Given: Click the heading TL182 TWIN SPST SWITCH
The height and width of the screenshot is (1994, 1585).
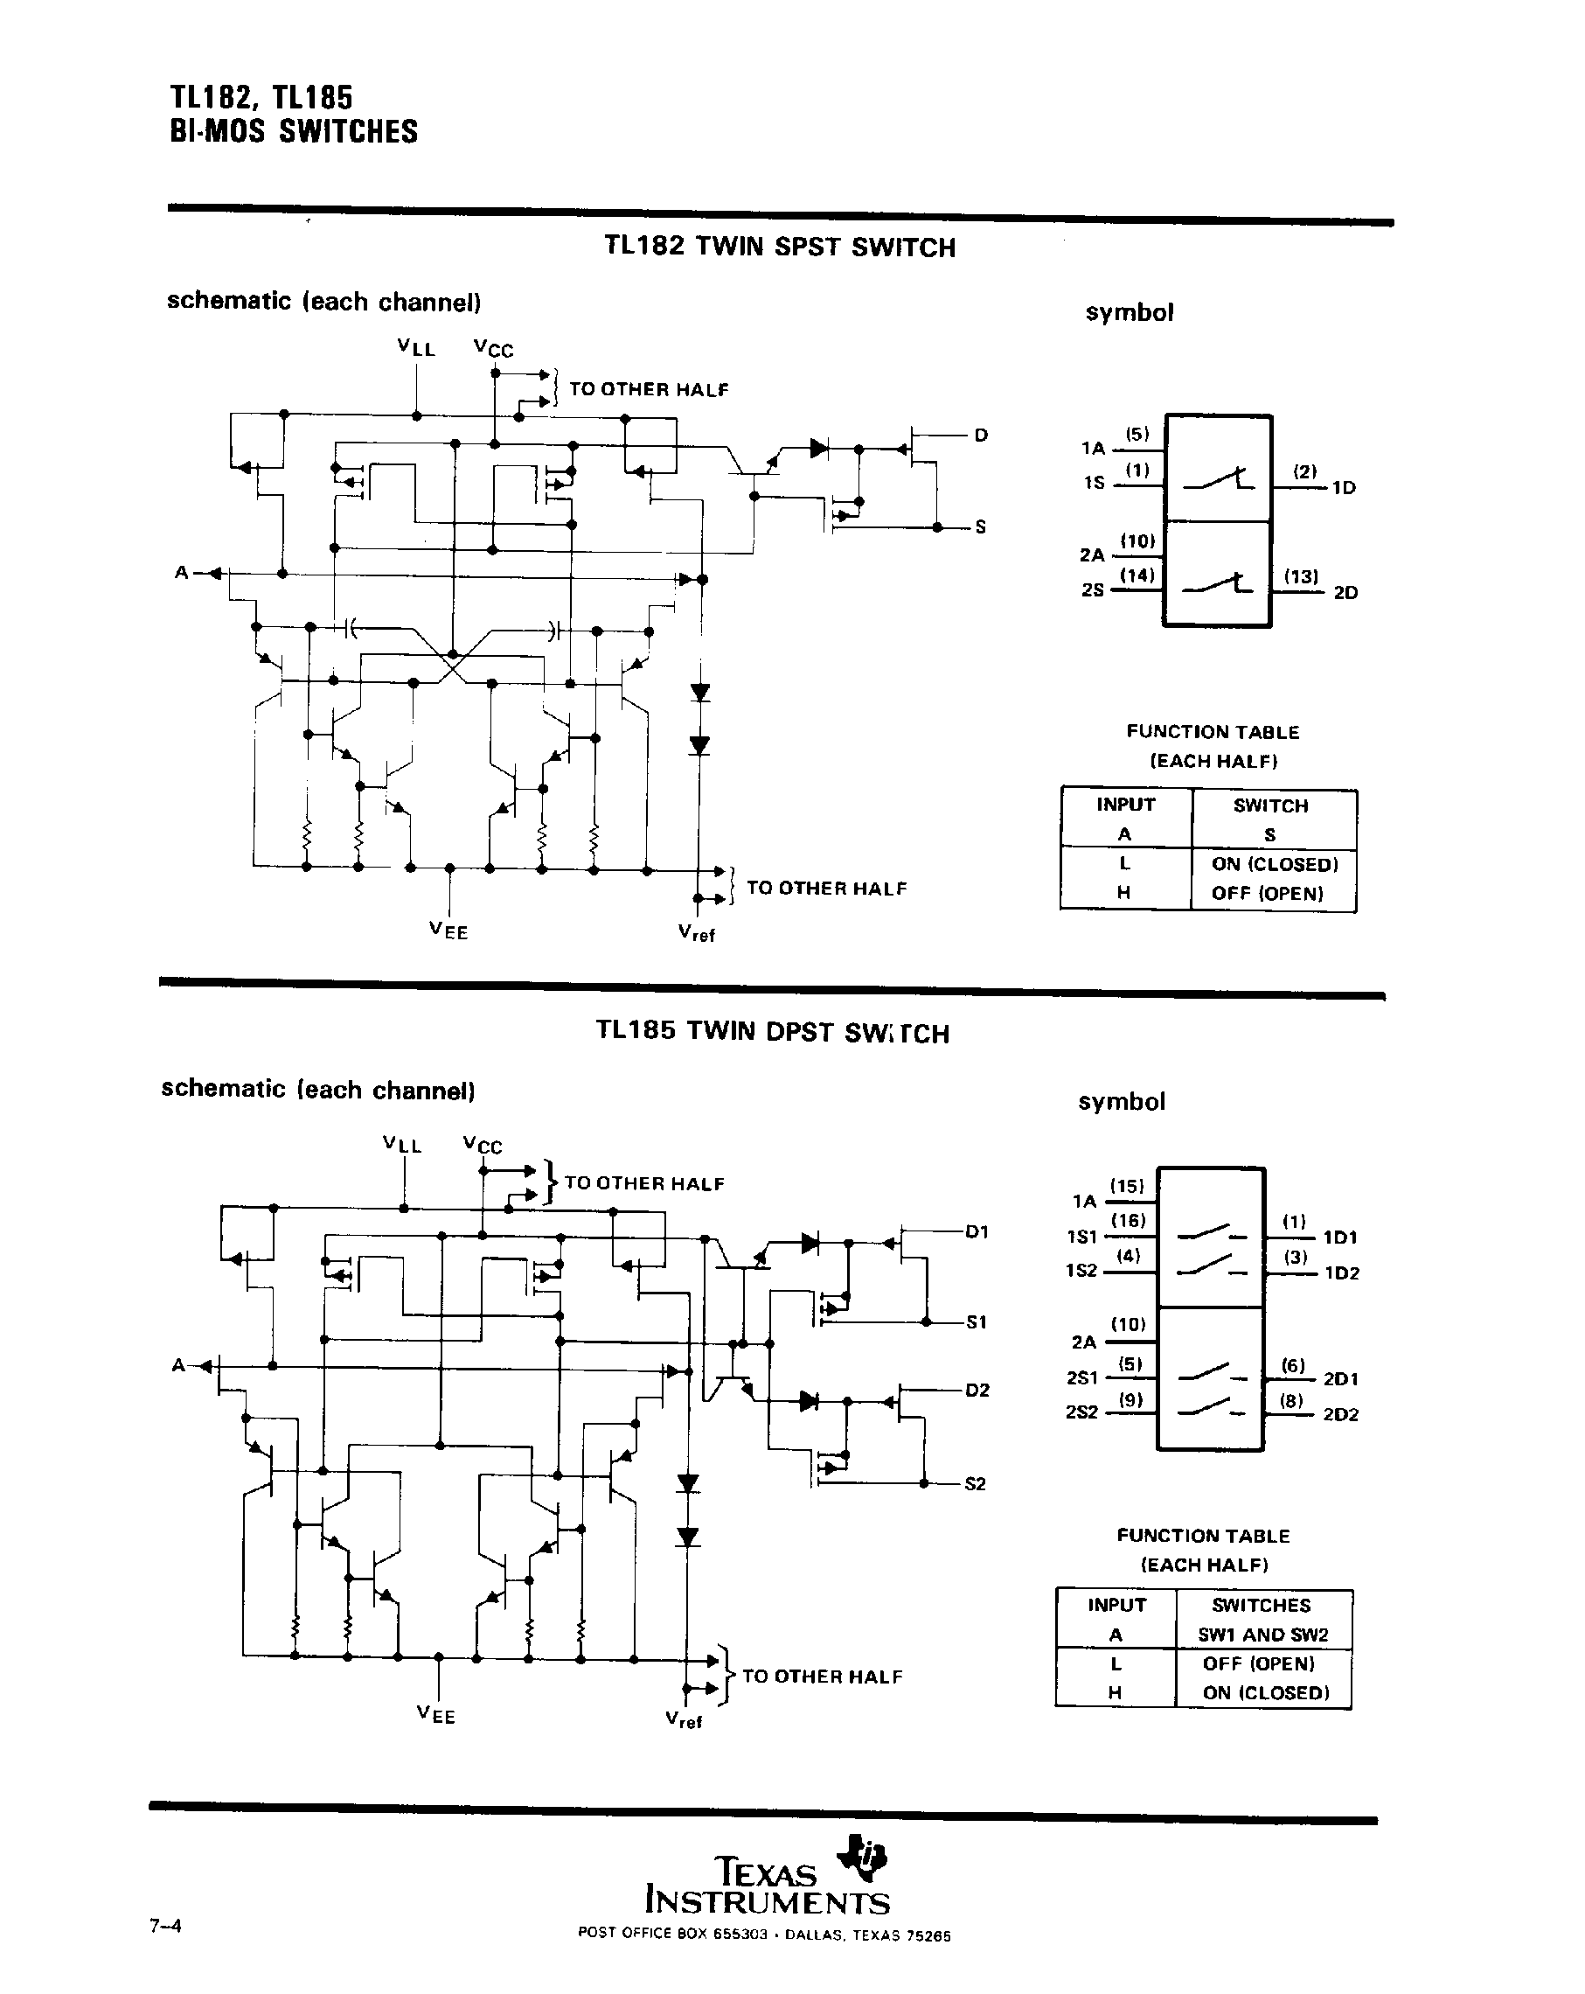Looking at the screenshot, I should (x=780, y=247).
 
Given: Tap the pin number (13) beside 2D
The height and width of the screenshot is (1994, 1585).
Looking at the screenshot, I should (x=1301, y=576).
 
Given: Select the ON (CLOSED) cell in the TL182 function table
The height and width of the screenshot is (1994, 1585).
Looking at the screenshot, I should (x=1275, y=864).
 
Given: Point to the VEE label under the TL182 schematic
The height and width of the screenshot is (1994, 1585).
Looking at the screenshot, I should (x=448, y=931).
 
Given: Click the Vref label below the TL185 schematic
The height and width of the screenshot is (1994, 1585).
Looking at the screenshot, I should (x=685, y=1719).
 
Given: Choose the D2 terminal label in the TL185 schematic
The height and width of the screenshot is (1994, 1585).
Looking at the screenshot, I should (x=977, y=1390).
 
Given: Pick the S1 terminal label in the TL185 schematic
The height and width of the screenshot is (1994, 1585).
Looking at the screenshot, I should (x=977, y=1322).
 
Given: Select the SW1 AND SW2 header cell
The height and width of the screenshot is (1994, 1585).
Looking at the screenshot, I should (x=1262, y=1635).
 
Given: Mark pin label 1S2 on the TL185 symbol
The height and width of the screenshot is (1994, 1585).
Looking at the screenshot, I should (x=1081, y=1271).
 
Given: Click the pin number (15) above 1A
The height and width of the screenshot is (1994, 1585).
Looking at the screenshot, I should (x=1127, y=1186).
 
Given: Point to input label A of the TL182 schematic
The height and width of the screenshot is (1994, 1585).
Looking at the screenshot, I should (x=181, y=573).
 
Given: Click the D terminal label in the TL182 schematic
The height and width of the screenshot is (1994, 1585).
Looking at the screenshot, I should (x=981, y=435).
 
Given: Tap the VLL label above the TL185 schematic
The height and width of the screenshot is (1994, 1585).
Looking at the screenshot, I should (x=402, y=1144).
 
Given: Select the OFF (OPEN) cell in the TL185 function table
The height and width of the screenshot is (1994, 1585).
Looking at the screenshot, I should (x=1259, y=1663).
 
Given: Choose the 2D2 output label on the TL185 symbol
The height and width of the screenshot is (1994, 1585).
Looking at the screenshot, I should (x=1341, y=1414).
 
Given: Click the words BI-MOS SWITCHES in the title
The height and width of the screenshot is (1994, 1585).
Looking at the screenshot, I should (x=294, y=132).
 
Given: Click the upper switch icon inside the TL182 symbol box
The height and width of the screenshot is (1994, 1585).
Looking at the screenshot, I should (x=1219, y=480).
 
